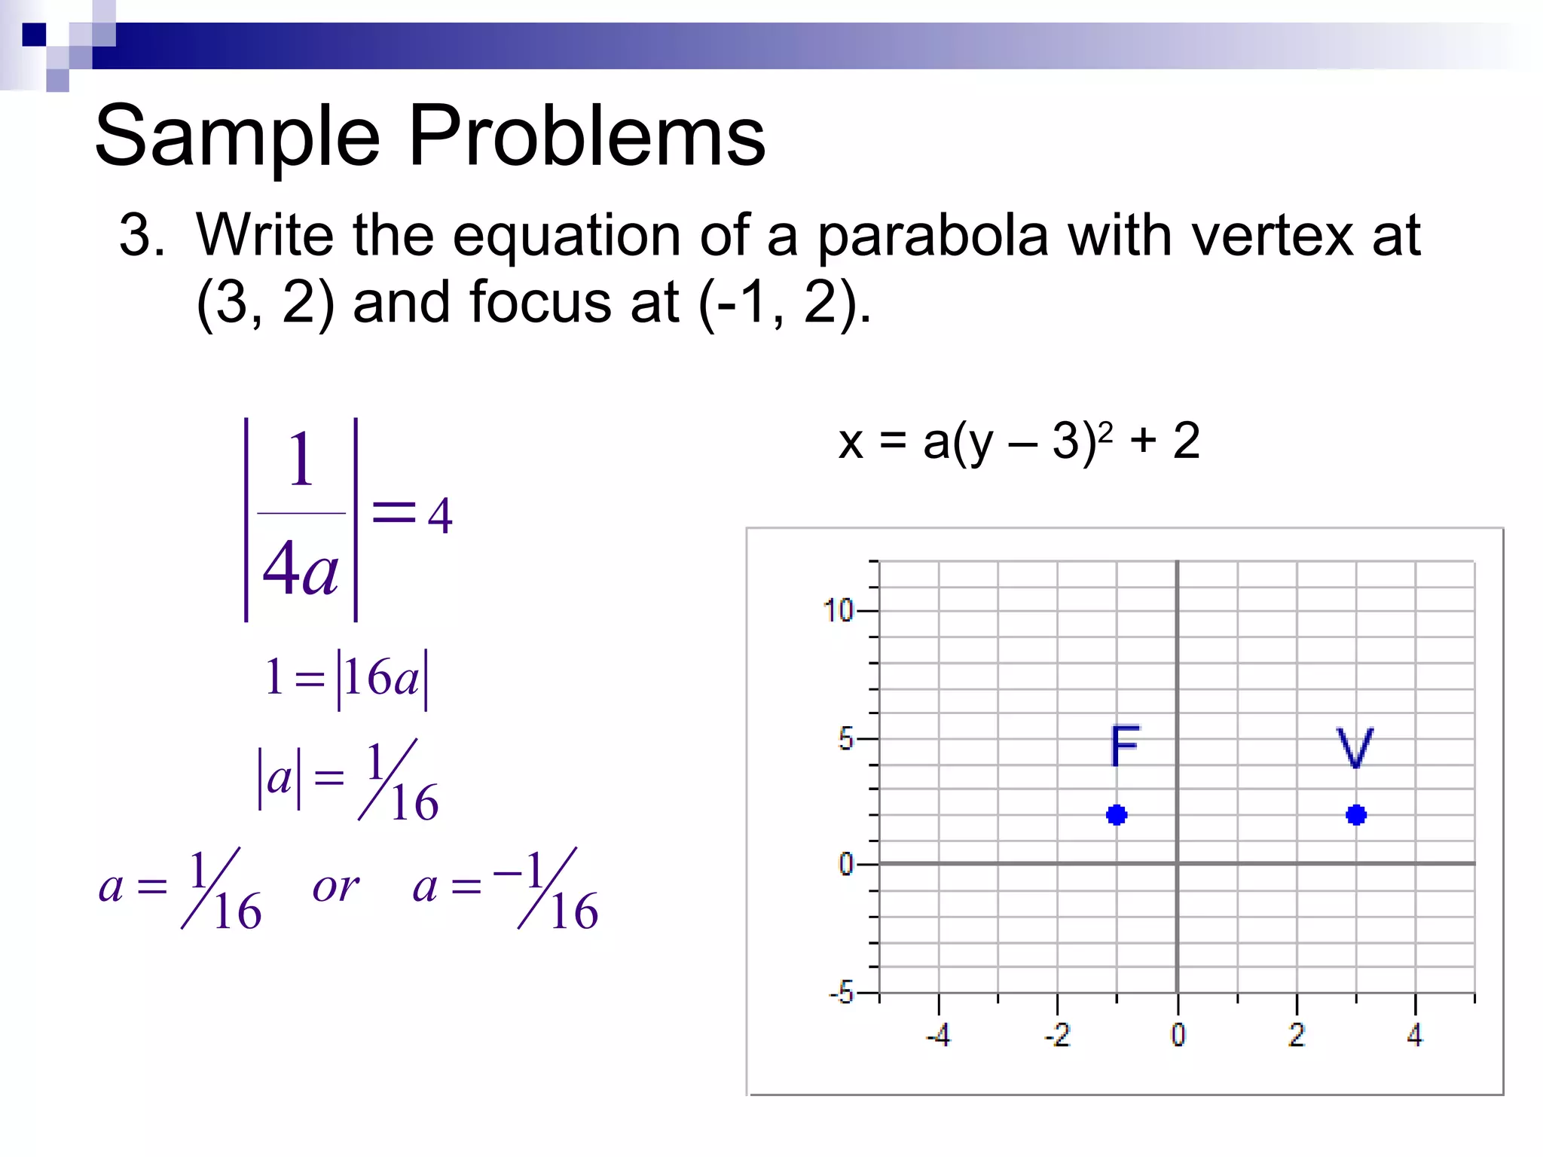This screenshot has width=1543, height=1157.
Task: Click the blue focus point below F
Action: pyautogui.click(x=1117, y=815)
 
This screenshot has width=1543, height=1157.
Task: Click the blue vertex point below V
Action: pyautogui.click(x=1356, y=815)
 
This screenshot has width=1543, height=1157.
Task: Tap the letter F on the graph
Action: pyautogui.click(x=1125, y=746)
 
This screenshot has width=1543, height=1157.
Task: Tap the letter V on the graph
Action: pyautogui.click(x=1355, y=747)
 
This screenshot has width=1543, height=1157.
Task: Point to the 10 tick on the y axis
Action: pyautogui.click(x=838, y=610)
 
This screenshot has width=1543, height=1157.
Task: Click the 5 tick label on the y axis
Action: pyautogui.click(x=846, y=739)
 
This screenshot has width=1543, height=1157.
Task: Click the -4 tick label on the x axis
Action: pyautogui.click(x=939, y=1036)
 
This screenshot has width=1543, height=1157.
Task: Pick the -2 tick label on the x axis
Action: pyautogui.click(x=1058, y=1036)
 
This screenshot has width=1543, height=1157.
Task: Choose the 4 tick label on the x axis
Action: pyautogui.click(x=1415, y=1035)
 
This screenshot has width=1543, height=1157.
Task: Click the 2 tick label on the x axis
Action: pyautogui.click(x=1297, y=1035)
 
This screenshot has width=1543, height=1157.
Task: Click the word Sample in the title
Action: pyautogui.click(x=237, y=138)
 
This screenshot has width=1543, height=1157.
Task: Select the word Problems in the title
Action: pyautogui.click(x=587, y=136)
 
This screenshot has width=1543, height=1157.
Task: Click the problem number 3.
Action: pyautogui.click(x=140, y=236)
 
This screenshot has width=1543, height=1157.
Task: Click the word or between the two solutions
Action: pyautogui.click(x=335, y=887)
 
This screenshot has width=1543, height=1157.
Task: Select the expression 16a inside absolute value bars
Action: pyautogui.click(x=382, y=677)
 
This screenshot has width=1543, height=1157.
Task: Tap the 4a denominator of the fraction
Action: pyautogui.click(x=301, y=570)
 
